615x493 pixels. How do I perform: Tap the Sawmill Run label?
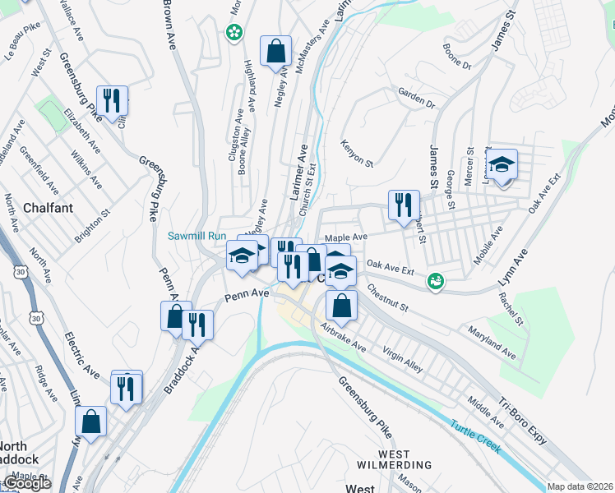tap(197, 236)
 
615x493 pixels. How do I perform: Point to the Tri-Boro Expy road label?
tap(523, 422)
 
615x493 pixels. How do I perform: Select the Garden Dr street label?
tap(416, 99)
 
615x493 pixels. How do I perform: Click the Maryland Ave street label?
tap(492, 343)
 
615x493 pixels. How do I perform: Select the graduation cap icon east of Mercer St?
tap(501, 164)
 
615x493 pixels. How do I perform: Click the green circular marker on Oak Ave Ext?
tap(436, 281)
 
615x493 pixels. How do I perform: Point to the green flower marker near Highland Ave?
tap(234, 33)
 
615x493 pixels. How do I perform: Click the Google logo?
tap(27, 484)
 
